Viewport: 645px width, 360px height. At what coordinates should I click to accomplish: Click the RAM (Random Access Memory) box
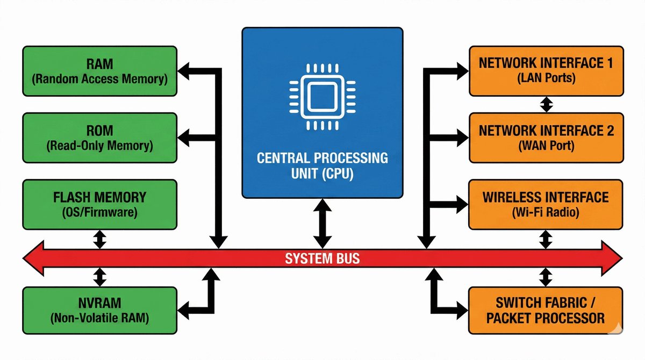[99, 71]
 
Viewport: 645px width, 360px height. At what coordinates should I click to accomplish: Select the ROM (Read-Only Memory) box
[99, 138]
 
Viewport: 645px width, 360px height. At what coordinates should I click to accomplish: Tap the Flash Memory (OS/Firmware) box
[99, 205]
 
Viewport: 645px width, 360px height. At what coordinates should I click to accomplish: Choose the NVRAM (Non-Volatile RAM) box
[99, 311]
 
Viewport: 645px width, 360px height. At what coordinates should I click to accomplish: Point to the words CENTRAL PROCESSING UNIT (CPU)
[322, 166]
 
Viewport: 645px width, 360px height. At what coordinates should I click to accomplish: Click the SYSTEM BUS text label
[322, 259]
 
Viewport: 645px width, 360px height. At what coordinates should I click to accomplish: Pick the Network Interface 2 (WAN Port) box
[546, 138]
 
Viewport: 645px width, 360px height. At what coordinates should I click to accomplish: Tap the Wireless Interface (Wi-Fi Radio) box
[546, 205]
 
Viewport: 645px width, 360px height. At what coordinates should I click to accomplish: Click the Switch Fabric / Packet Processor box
[546, 311]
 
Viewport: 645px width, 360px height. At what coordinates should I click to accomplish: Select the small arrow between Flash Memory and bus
[99, 239]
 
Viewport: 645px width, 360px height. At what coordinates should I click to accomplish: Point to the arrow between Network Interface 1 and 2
[546, 104]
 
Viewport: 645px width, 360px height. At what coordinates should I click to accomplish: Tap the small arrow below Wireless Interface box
[546, 239]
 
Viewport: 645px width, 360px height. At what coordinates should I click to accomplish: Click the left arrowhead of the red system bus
[33, 259]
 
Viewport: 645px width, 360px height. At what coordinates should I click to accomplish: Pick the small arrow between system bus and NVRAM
[99, 277]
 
